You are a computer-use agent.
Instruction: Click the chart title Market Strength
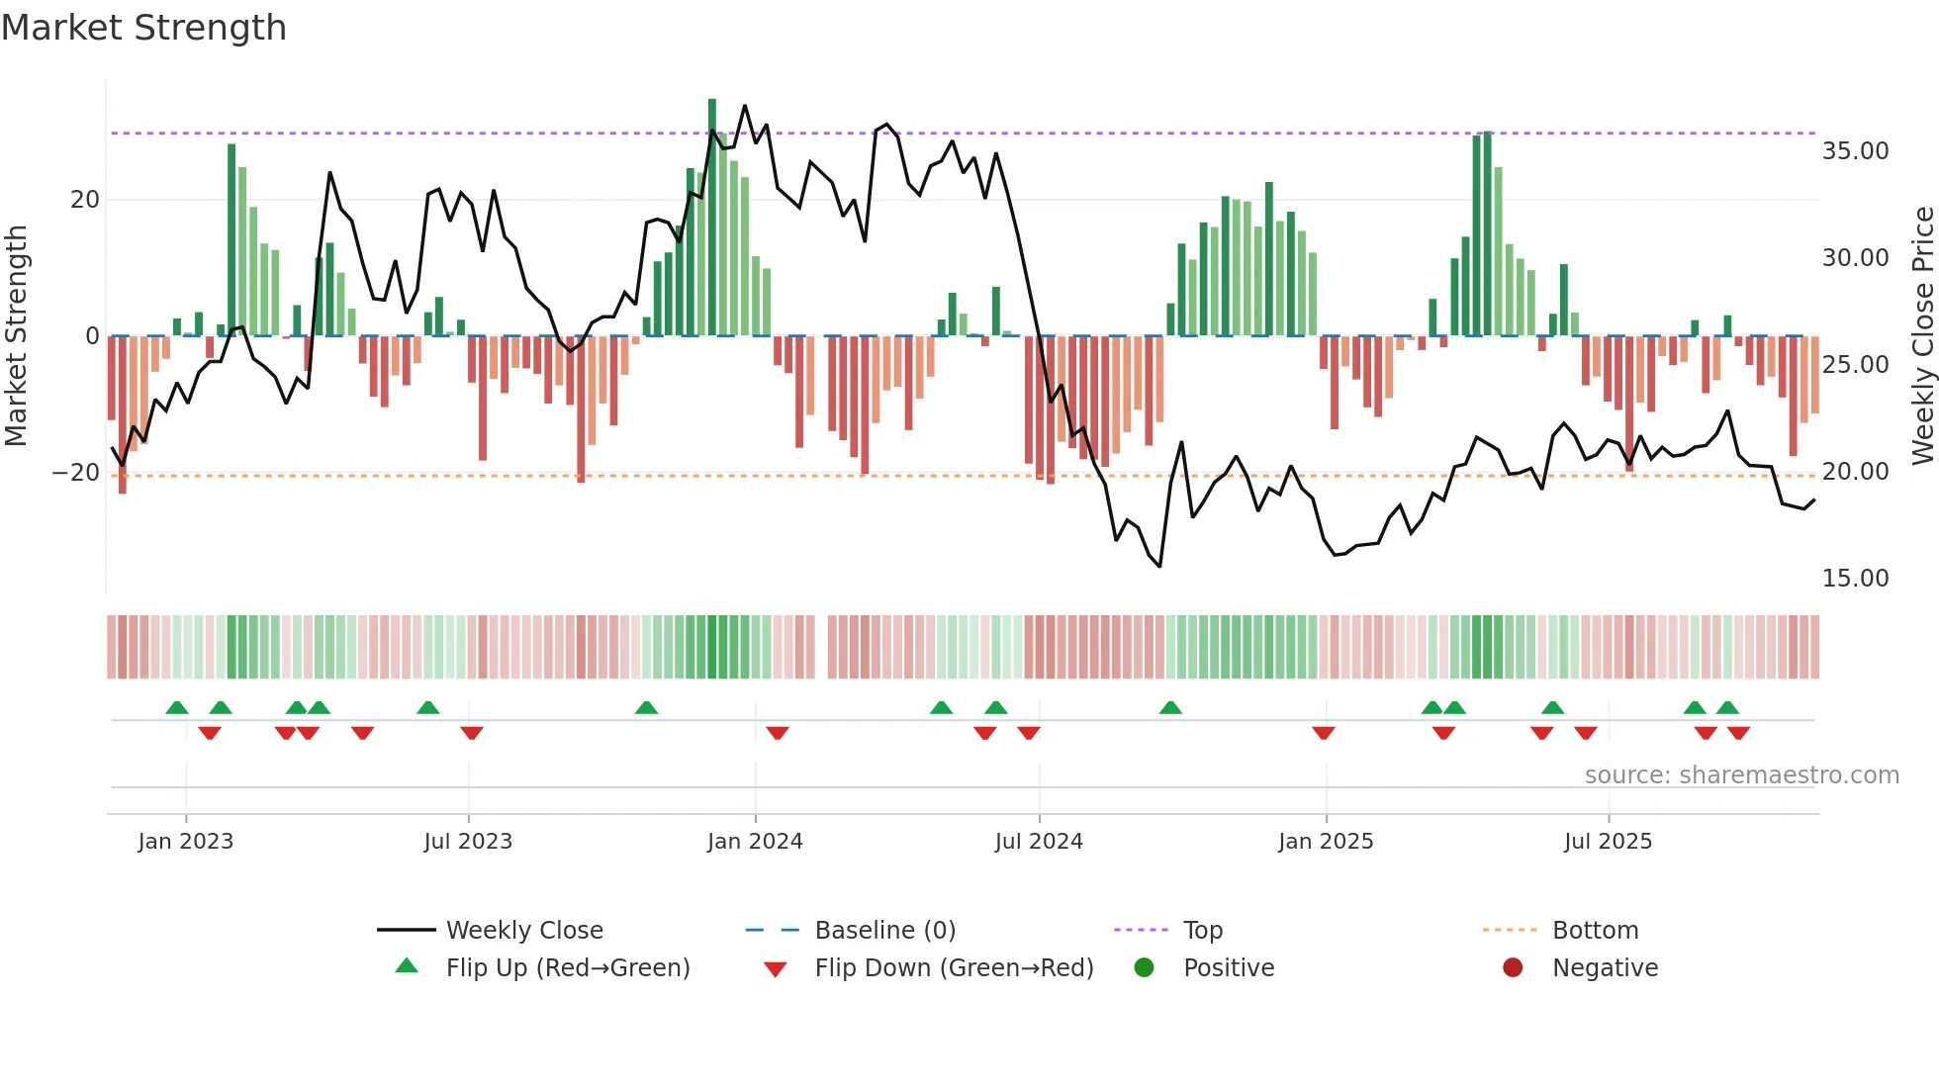[143, 28]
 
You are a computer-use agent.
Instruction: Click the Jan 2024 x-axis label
[755, 842]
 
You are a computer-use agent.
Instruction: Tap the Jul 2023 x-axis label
[468, 842]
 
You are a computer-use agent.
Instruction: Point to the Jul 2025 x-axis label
[1608, 842]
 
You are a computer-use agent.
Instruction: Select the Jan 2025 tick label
[1326, 842]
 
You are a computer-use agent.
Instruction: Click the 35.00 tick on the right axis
[1855, 151]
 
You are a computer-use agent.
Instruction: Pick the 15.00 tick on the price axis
[1855, 579]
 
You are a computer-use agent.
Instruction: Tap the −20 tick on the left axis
[76, 473]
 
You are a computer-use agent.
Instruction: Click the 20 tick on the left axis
[85, 200]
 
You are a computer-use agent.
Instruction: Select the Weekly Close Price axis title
[1922, 335]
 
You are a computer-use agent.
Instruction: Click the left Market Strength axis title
[16, 335]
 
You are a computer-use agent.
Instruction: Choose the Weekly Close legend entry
[523, 931]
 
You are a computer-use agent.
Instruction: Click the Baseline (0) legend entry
[884, 931]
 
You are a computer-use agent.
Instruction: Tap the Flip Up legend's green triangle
[407, 966]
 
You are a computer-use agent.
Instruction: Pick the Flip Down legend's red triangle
[776, 969]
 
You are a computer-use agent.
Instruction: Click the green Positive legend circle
[1144, 967]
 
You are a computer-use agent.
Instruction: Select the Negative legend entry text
[1605, 968]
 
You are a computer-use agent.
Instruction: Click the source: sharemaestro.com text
[1741, 775]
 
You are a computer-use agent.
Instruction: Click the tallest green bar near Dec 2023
[712, 218]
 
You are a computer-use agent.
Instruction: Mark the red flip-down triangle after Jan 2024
[778, 733]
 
